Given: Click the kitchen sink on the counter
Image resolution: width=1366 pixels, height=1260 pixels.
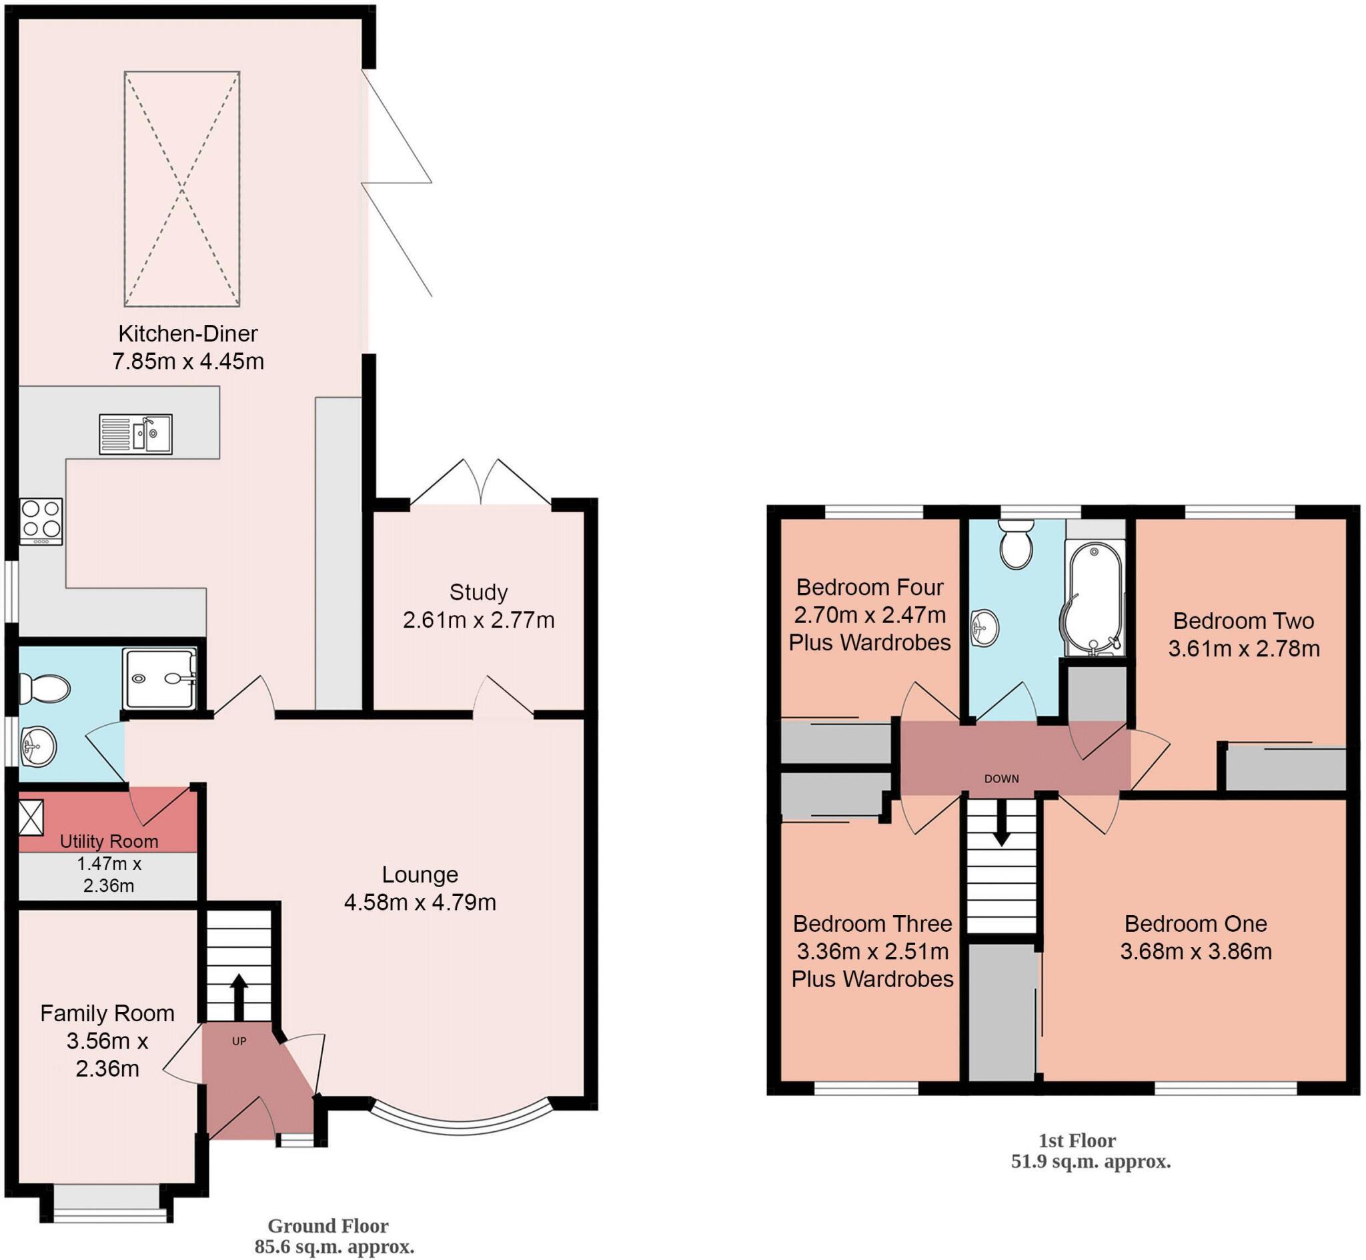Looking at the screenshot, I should pos(135,434).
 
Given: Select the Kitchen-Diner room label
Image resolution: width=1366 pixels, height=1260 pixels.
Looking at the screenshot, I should pos(188,334).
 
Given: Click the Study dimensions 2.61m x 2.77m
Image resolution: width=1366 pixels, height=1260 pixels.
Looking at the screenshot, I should pos(478,620).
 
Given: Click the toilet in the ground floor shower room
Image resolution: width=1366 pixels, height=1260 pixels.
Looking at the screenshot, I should pos(44,688).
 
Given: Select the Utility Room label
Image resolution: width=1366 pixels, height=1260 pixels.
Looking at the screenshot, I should pos(109,840).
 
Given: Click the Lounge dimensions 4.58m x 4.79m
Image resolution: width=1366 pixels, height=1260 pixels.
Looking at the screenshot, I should pos(420,902).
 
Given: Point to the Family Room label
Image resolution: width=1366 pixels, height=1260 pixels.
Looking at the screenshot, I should pos(107,1013).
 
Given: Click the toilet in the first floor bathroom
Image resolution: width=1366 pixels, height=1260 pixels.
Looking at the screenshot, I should pos(1016,545).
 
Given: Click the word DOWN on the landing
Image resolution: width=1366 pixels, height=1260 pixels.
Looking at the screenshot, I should pos(1001,778).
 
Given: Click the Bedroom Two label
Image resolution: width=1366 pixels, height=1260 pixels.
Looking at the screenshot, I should pos(1243,620).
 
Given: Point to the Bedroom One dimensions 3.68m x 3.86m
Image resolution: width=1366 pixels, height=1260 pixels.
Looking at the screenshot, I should pos(1197,951).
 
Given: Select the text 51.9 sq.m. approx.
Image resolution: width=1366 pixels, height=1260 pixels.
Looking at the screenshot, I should pos(1091,1162).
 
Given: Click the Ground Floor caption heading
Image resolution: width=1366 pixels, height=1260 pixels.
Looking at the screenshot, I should pos(328,1225).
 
